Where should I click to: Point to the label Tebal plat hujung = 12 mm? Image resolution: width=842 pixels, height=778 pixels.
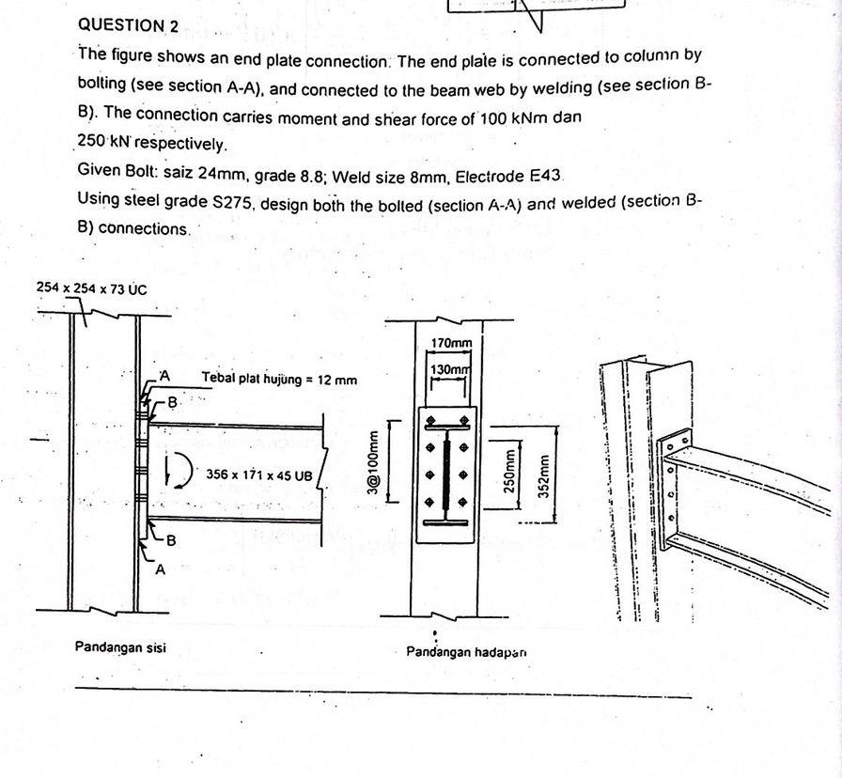coord(279,380)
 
